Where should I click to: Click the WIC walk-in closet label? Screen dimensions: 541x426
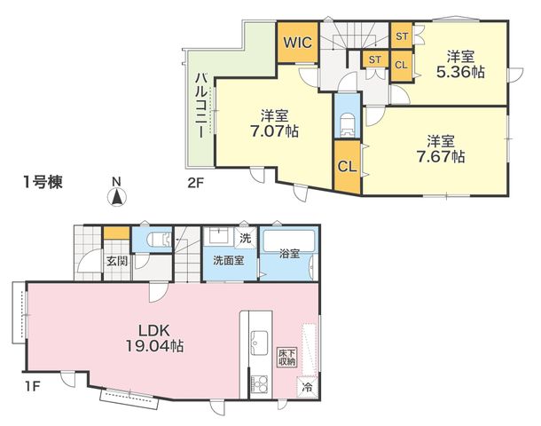pos(298,43)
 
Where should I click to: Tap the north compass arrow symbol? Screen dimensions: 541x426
pos(117,197)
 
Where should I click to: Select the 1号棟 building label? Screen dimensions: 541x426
pos(43,182)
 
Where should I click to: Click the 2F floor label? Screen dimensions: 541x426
pos(195,182)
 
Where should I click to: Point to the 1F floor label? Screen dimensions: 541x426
pos(33,386)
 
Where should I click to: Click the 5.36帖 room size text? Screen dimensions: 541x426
pos(460,72)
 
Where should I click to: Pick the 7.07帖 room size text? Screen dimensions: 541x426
pos(274,131)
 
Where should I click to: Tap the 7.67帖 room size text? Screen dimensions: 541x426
pos(441,157)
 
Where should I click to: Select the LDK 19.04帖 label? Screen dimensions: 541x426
pos(154,338)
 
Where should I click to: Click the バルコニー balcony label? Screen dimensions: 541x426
pos(200,106)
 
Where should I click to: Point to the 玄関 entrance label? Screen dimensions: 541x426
pos(116,261)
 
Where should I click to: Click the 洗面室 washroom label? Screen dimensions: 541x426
pos(229,260)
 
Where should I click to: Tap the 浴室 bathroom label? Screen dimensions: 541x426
pos(289,254)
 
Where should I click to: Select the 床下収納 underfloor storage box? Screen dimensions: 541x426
pos(287,358)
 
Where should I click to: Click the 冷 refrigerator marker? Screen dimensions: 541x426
pos(307,387)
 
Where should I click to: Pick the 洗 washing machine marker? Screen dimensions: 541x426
pos(246,238)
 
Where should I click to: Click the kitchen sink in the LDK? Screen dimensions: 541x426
pos(259,343)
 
